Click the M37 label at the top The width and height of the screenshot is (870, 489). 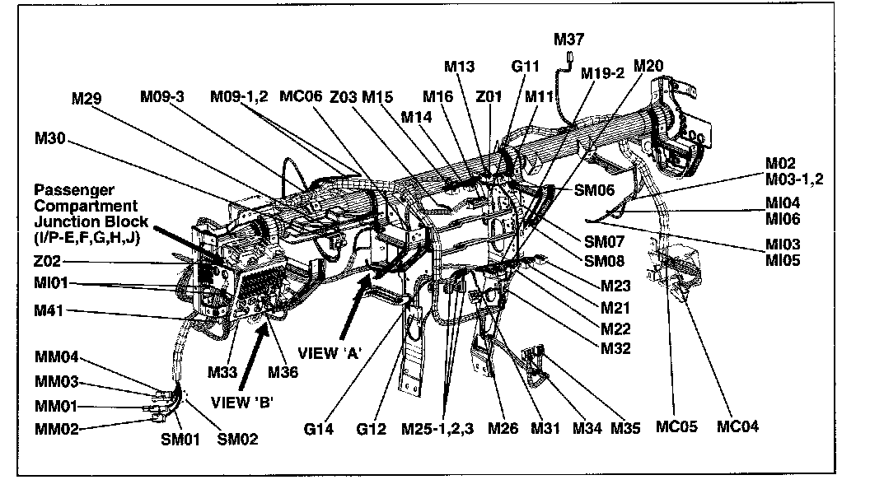569,39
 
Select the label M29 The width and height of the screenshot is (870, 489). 87,99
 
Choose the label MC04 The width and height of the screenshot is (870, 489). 737,426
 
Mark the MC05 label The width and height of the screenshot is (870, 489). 676,426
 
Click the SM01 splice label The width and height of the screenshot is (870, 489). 180,439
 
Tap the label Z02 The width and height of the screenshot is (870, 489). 48,263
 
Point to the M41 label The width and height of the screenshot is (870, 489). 49,310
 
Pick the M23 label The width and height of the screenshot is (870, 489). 616,287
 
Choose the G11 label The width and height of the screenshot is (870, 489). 525,66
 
